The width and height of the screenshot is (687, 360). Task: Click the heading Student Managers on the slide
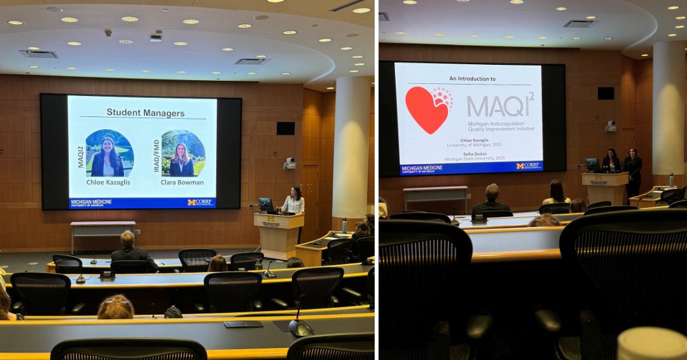[145, 113]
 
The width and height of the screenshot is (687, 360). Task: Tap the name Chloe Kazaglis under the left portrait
[109, 182]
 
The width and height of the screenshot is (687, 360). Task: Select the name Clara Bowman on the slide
[183, 182]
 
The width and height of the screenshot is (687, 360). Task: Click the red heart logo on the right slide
[427, 109]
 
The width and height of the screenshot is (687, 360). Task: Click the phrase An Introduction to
[473, 78]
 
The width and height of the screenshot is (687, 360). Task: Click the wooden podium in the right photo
[605, 188]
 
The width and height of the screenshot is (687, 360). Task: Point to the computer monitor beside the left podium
[265, 204]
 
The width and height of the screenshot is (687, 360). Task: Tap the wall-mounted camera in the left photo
[289, 163]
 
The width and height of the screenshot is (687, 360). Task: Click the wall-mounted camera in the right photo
[611, 126]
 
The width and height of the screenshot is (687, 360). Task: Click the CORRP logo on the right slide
[528, 166]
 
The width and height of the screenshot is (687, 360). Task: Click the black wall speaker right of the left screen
[286, 128]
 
